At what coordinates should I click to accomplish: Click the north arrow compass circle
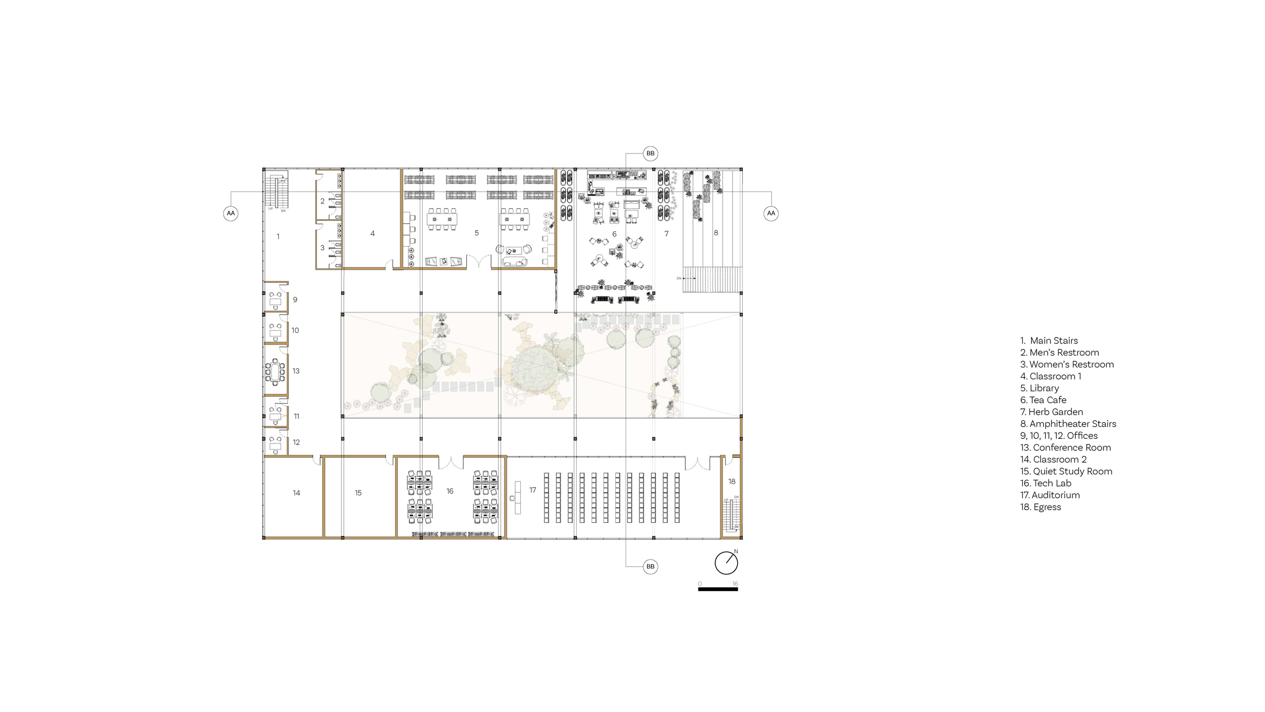(726, 562)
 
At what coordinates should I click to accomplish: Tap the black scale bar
(718, 589)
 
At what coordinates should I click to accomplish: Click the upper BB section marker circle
(650, 154)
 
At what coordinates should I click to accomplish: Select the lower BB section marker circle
(650, 566)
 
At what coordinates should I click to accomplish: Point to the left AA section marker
(231, 213)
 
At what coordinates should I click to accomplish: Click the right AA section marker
(771, 213)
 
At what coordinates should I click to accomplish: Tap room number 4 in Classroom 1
(373, 233)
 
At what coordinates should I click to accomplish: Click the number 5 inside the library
(477, 233)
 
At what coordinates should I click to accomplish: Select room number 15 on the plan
(358, 493)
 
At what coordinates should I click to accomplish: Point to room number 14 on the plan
(296, 493)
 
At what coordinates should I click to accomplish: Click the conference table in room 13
(275, 372)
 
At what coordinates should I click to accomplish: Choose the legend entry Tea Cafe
(1043, 400)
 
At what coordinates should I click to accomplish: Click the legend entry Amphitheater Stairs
(1068, 424)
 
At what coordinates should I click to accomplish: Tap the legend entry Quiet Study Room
(1066, 471)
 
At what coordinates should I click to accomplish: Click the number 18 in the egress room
(731, 481)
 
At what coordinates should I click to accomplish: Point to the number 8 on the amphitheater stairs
(716, 233)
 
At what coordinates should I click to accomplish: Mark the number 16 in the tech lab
(450, 491)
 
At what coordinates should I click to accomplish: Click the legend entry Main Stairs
(1049, 340)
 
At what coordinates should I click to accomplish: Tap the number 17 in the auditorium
(532, 490)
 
